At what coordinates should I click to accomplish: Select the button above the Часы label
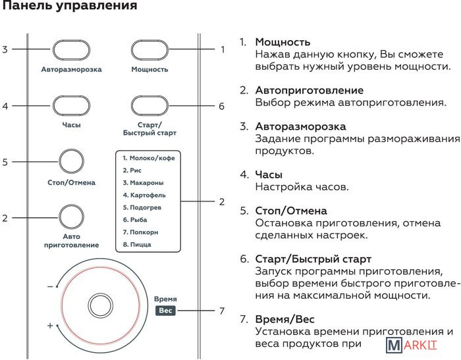coord(71,106)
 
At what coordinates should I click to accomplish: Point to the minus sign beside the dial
coord(50,287)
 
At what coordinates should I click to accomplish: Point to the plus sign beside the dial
coord(50,326)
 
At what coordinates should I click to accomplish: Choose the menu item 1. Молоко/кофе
coord(149,158)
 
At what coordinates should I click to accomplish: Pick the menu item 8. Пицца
coord(137,245)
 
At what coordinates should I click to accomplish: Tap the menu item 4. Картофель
coord(144,195)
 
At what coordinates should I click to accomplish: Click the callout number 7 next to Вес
coord(222,311)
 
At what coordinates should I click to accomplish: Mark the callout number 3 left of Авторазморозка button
coord(5,50)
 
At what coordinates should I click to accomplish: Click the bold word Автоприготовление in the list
coord(309,90)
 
